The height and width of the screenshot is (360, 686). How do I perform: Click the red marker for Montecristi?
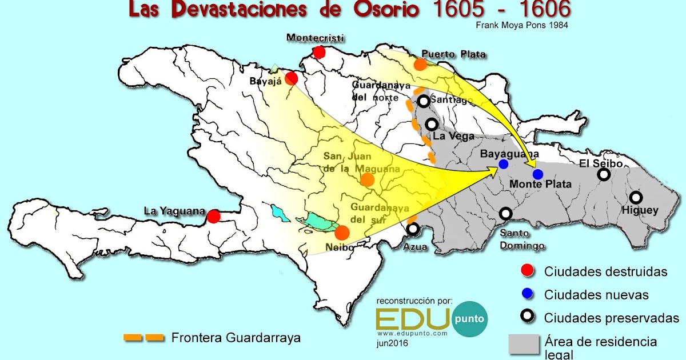319,53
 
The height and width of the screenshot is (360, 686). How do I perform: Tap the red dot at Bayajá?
292,78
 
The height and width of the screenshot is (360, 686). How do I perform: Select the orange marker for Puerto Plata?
420,64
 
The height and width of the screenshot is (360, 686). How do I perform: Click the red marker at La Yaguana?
213,217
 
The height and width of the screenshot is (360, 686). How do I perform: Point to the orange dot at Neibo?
342,233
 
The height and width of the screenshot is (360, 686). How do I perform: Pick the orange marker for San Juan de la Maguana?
368,179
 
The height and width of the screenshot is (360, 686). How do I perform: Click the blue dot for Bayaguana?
504,164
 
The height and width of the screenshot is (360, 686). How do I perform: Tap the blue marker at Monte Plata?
537,174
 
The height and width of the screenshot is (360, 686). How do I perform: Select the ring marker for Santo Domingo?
506,214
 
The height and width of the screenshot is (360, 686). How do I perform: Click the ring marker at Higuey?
636,197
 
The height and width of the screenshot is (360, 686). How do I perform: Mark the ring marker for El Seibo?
604,175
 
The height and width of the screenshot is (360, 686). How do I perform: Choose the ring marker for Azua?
413,229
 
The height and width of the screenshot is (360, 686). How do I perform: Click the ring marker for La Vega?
432,124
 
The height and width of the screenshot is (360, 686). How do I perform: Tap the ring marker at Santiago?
424,101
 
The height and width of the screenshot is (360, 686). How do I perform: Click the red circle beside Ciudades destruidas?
527,271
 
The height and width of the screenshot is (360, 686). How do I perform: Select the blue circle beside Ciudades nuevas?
527,294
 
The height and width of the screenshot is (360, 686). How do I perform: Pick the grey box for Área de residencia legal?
524,345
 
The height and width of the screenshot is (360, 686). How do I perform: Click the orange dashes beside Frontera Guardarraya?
143,337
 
